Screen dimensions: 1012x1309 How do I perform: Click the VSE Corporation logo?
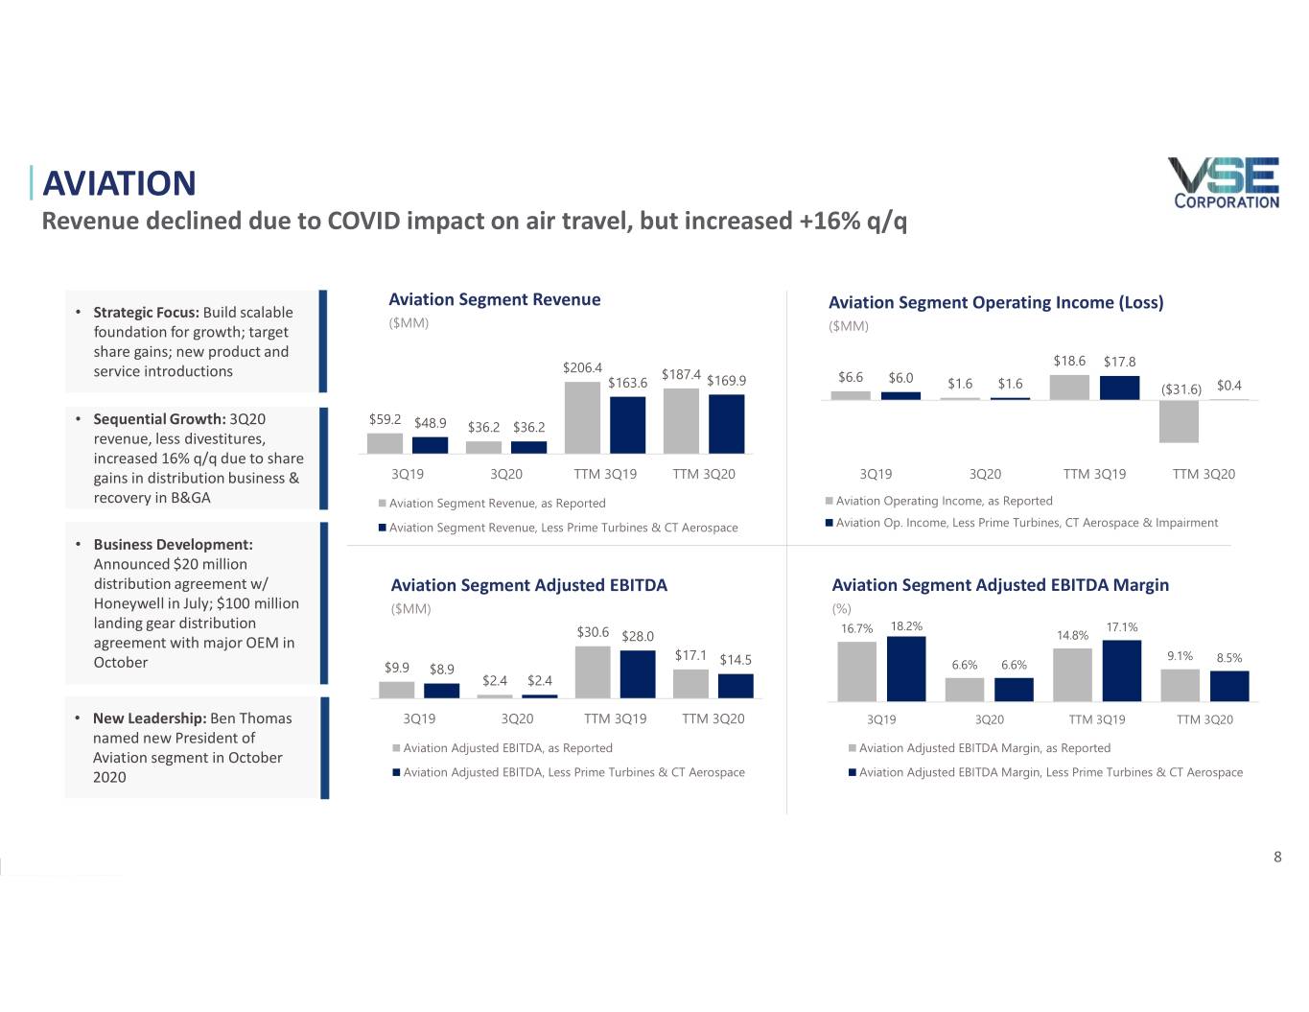point(1225,182)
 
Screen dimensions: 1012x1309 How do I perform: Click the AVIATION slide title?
point(119,183)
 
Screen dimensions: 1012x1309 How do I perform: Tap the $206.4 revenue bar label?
point(582,367)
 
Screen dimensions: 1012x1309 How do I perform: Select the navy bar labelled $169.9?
point(726,423)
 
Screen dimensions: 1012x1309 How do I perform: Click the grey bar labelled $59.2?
point(385,442)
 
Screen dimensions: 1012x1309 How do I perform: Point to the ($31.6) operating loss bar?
point(1179,421)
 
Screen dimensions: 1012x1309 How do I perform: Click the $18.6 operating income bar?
point(1069,387)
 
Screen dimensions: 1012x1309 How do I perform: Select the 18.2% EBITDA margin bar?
point(906,669)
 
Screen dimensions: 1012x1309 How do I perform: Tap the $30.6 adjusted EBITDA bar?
point(593,671)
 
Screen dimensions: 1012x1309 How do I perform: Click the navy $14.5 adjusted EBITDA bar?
point(736,685)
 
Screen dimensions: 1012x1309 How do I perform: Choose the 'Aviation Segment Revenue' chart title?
point(494,299)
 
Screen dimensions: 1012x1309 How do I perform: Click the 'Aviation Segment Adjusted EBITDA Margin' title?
point(1000,585)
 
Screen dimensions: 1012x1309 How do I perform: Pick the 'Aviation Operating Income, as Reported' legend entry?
point(944,501)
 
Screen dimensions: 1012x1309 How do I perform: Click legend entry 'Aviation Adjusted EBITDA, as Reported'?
point(507,748)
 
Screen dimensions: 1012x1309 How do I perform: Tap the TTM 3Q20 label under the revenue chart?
point(704,474)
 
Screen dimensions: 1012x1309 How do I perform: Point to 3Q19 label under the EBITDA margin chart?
point(881,719)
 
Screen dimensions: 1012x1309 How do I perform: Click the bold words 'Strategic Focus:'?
point(146,313)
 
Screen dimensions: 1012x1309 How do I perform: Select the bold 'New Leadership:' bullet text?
point(150,718)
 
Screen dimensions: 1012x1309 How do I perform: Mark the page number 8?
point(1277,857)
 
